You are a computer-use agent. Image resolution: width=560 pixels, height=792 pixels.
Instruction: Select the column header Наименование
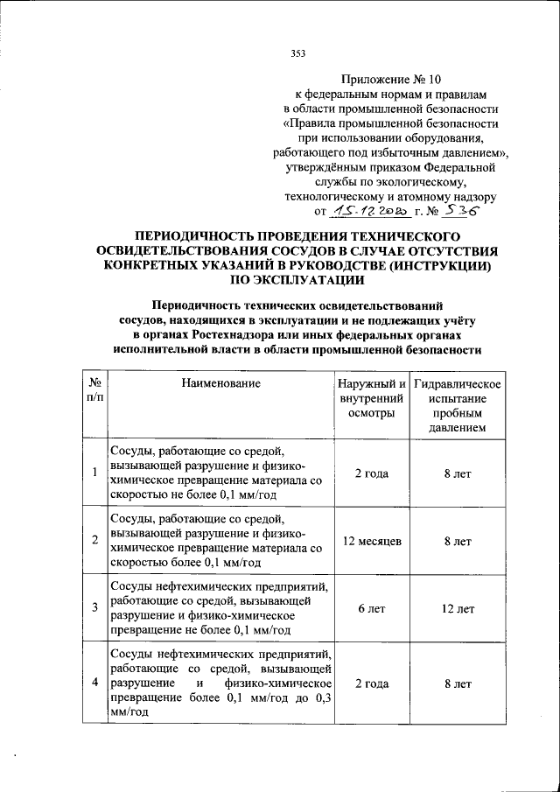tap(220, 382)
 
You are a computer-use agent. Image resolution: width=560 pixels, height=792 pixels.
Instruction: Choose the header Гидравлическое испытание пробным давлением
tap(458, 406)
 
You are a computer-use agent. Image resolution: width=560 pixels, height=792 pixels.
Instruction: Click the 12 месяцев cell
tap(371, 542)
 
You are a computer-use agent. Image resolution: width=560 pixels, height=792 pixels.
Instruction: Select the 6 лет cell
tap(371, 608)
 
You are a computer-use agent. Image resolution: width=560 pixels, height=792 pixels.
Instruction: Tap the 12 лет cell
tap(458, 608)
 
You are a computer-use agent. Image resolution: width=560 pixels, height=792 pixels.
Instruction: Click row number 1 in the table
tap(94, 473)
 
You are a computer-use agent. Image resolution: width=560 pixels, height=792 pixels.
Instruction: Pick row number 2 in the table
tap(94, 542)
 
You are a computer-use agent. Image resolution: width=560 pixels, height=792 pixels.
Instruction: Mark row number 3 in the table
tap(94, 608)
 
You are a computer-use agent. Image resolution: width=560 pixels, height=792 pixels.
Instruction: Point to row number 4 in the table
tap(94, 683)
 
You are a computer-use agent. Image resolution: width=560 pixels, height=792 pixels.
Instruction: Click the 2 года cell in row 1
tap(371, 473)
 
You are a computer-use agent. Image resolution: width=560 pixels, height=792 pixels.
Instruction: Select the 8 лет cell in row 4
tap(458, 683)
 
